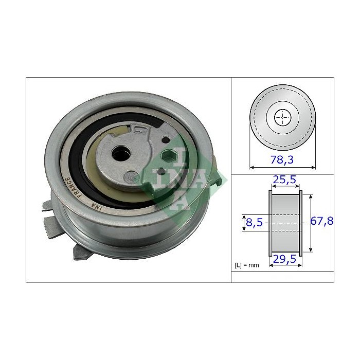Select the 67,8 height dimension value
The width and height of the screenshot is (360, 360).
pyautogui.click(x=322, y=222)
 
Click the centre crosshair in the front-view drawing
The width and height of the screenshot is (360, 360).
pyautogui.click(x=282, y=118)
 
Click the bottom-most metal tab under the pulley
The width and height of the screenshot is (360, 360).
pyautogui.click(x=82, y=251)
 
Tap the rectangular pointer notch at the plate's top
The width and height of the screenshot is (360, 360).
pyautogui.click(x=137, y=129)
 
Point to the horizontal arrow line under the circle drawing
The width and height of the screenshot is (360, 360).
pyautogui.click(x=282, y=167)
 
